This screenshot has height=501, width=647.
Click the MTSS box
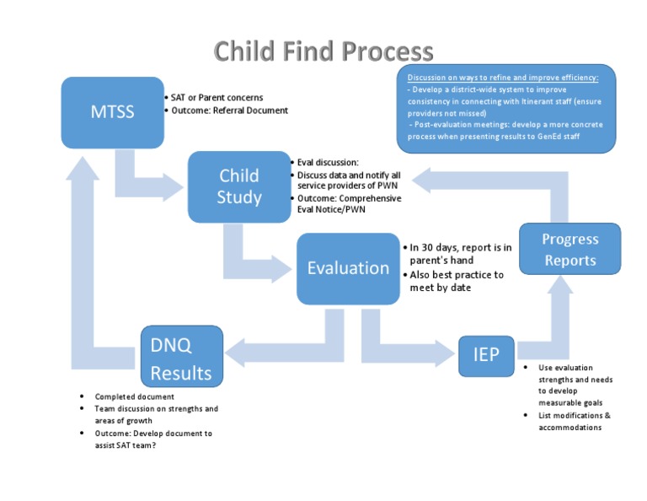pos(112,111)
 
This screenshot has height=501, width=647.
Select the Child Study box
pos(239,186)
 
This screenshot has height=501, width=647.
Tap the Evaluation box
pos(348,268)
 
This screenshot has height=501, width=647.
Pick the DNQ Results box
pos(181,358)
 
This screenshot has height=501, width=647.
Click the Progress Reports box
pos(570,250)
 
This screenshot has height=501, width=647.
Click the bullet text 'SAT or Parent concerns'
pos(217,98)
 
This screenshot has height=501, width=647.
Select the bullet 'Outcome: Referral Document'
pos(229,110)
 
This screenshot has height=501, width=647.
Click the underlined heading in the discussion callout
pos(503,78)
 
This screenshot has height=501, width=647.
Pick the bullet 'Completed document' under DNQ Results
pos(134,396)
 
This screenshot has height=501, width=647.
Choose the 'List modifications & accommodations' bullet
pos(575,422)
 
